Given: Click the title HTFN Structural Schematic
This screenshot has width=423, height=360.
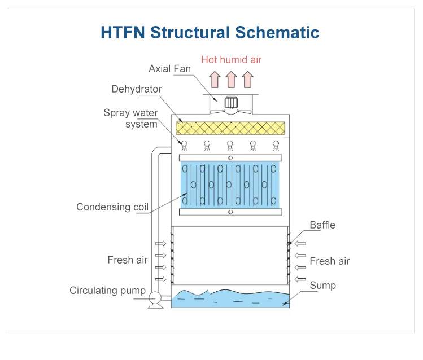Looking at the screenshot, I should [x=210, y=32].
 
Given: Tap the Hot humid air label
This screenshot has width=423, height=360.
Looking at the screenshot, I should [x=232, y=59].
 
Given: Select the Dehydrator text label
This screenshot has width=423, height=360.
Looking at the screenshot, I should [x=136, y=89].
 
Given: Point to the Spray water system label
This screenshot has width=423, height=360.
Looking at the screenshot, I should [x=131, y=118].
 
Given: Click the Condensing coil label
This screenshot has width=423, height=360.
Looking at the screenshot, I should [x=112, y=207].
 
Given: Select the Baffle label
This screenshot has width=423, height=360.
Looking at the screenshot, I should [x=322, y=225].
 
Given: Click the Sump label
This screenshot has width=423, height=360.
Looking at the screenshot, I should [x=322, y=286].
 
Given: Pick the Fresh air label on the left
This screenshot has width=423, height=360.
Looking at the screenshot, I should [x=128, y=260].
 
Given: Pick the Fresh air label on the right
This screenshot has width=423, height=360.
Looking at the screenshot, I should [x=329, y=261].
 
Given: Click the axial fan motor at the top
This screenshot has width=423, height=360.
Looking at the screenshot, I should [x=230, y=103].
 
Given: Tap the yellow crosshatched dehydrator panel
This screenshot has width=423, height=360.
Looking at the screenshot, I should [x=230, y=129].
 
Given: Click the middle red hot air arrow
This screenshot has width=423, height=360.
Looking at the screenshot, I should [x=231, y=80].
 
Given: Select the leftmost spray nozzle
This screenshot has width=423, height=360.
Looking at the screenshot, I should [x=184, y=145].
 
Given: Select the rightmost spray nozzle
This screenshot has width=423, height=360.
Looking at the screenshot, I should [x=276, y=145].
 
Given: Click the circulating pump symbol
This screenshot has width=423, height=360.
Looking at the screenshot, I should [x=154, y=296].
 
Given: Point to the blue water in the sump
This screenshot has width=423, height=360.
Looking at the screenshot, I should [x=230, y=298].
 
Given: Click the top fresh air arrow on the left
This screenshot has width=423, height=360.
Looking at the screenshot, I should [x=162, y=244].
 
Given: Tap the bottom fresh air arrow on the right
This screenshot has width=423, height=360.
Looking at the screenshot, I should [x=300, y=279].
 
